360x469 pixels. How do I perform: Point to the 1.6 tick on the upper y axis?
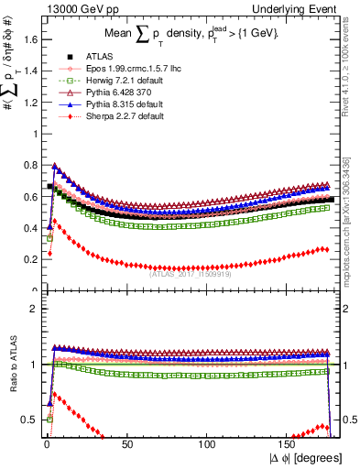click(x=32, y=39)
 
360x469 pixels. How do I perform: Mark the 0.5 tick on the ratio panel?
click(x=32, y=420)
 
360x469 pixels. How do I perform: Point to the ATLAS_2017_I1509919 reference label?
click(x=194, y=272)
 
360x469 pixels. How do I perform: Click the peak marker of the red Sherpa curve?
click(x=53, y=220)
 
